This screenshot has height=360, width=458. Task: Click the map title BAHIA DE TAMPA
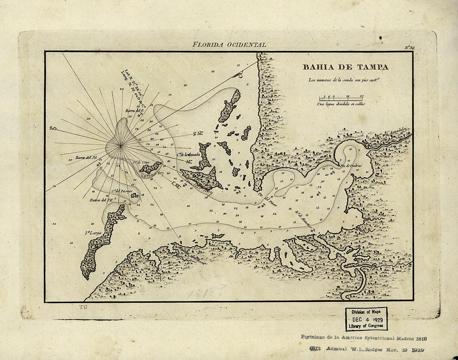pyautogui.click(x=345, y=67)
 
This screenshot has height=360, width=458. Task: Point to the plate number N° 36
pyautogui.click(x=409, y=48)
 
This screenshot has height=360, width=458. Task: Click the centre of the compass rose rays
pyautogui.click(x=120, y=145)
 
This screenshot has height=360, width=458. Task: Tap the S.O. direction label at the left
pyautogui.click(x=53, y=129)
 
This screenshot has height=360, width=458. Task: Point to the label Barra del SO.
pyautogui.click(x=86, y=158)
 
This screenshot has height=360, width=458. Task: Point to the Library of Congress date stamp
pyautogui.click(x=366, y=319)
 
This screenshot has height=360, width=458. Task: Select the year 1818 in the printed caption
pyautogui.click(x=418, y=338)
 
